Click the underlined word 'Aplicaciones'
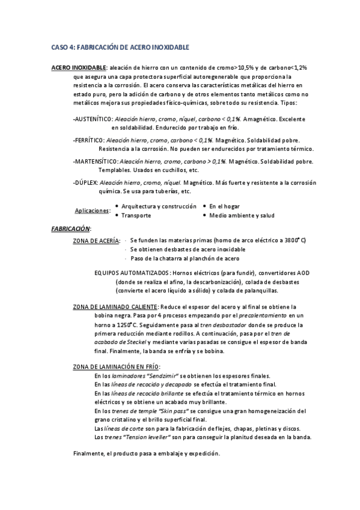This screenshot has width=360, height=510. pos(92,210)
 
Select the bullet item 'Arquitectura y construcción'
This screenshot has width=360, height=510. pos(159,206)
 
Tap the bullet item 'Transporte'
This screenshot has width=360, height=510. pos(136,215)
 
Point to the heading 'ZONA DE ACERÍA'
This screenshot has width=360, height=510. pos(96,241)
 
